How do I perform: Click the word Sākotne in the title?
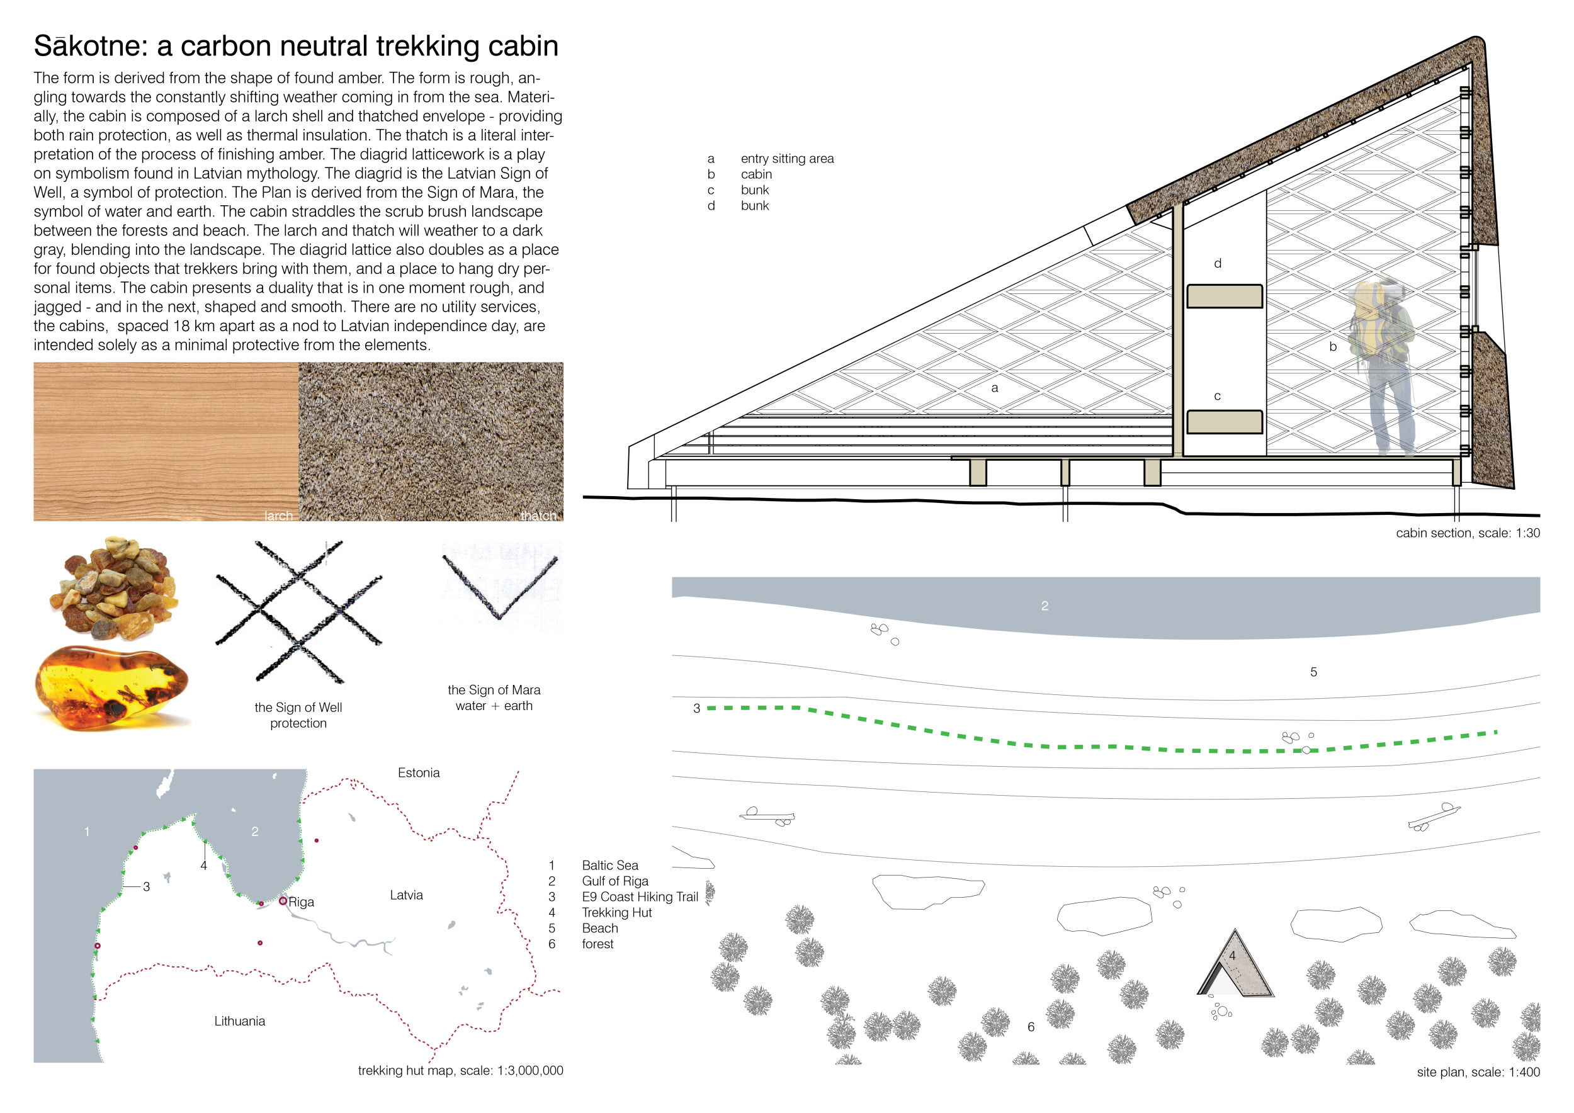click(x=90, y=47)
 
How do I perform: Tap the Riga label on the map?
click(x=301, y=902)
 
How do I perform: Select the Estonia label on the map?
click(x=418, y=772)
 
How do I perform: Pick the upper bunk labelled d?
click(x=1225, y=296)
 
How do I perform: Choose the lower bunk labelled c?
click(x=1225, y=422)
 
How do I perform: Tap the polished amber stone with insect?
click(x=111, y=686)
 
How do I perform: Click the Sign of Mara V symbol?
click(x=500, y=586)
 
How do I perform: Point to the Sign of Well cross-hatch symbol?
click(x=299, y=612)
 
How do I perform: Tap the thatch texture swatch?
click(x=431, y=441)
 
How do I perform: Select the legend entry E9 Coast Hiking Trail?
click(x=640, y=896)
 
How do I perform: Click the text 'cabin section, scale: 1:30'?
click(x=1467, y=533)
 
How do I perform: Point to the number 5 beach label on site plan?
click(x=1313, y=672)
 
